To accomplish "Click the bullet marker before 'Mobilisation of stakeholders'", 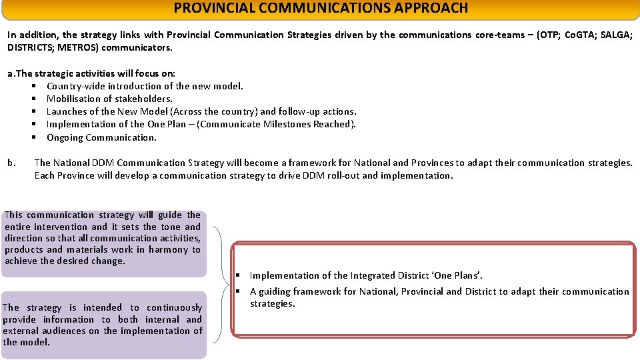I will pyautogui.click(x=33, y=99).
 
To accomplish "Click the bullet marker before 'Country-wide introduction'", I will pyautogui.click(x=33, y=86).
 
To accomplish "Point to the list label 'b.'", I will pyautogui.click(x=11, y=163).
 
